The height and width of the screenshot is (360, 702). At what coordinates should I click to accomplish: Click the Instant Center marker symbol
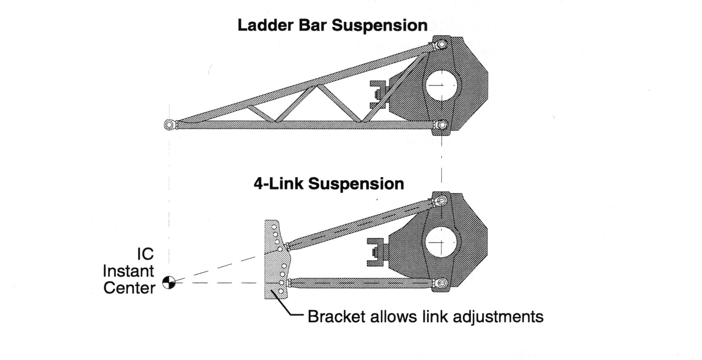point(169,282)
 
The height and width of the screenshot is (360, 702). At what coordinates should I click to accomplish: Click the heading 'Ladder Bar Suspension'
point(332,25)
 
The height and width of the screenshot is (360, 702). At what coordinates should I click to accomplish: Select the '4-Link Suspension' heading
point(329,184)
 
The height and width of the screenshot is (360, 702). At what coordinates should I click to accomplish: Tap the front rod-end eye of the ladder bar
point(169,125)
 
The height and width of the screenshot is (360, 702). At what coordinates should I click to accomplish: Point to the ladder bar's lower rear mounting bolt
point(442,125)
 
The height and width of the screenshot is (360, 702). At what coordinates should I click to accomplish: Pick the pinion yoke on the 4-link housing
point(376,252)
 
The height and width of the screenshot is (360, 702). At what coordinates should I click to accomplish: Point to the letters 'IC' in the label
point(145,254)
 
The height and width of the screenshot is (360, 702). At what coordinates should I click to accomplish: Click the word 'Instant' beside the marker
point(128,271)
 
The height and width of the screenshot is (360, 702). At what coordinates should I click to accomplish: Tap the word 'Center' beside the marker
point(129,288)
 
